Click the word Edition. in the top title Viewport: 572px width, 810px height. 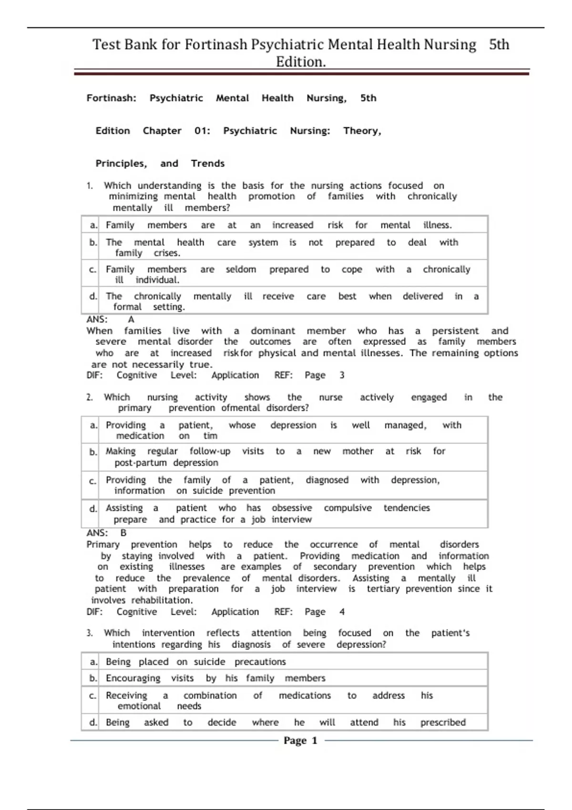tap(301, 62)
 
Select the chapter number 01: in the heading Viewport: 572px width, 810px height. tap(202, 131)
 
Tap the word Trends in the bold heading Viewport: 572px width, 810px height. tap(208, 163)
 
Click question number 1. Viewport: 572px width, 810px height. tap(90, 186)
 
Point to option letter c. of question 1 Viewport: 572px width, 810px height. tap(93, 270)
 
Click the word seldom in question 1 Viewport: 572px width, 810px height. tap(241, 269)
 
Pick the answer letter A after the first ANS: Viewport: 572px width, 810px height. tap(131, 319)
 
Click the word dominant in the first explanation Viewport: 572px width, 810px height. tap(273, 331)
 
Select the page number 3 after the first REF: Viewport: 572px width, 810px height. tap(342, 375)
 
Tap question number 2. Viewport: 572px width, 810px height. tap(90, 397)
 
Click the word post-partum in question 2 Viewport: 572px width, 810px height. tap(141, 463)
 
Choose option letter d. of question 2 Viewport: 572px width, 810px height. tap(93, 509)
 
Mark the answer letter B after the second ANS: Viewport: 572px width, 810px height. tap(123, 533)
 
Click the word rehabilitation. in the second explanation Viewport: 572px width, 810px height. tap(162, 600)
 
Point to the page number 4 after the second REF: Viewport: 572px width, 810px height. tap(342, 612)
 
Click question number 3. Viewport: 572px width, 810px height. tap(90, 633)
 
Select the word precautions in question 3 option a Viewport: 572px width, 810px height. tap(260, 662)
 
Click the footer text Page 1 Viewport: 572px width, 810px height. tap(300, 740)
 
